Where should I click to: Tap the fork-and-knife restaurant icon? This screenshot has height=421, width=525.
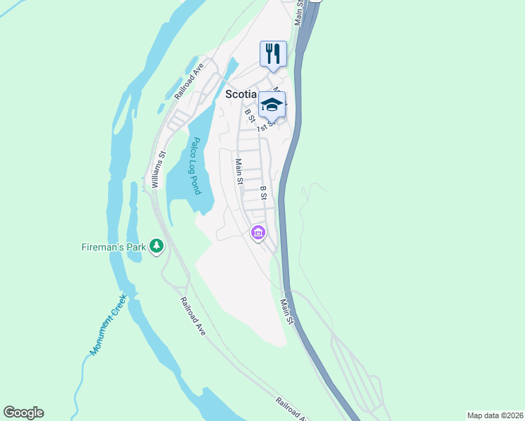(x=273, y=53)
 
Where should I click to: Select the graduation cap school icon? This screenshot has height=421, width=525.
(x=272, y=105)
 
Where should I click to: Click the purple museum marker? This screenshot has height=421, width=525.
(x=258, y=232)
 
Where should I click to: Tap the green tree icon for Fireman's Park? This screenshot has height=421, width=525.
(x=158, y=246)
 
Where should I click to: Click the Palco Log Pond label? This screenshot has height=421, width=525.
(x=196, y=166)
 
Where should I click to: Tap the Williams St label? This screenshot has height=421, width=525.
(x=159, y=169)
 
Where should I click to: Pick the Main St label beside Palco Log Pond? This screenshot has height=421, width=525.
(x=239, y=171)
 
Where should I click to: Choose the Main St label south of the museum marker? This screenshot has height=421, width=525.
(x=286, y=311)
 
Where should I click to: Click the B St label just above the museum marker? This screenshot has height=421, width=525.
(x=263, y=194)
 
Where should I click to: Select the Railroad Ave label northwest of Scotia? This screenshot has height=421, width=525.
(x=189, y=79)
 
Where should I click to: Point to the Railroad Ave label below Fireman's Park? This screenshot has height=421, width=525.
(x=192, y=315)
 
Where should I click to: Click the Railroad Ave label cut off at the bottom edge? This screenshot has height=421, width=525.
(x=291, y=408)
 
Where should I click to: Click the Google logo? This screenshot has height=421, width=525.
(x=23, y=413)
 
